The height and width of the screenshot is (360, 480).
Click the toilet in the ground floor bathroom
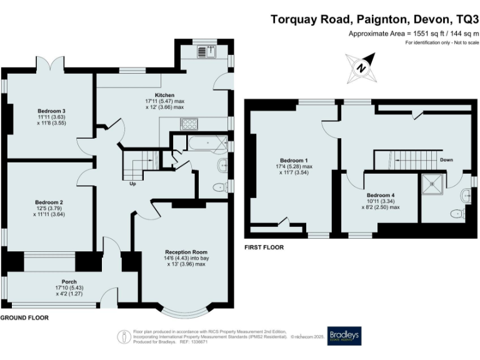[218, 186]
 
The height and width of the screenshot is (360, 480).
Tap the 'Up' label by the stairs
[132, 184]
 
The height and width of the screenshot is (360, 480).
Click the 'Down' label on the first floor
[446, 160]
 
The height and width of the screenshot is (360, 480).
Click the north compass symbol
[362, 66]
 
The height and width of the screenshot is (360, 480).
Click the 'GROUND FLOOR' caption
[24, 318]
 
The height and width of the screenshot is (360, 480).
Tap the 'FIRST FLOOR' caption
[264, 247]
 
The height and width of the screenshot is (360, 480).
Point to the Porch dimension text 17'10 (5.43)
[69, 287]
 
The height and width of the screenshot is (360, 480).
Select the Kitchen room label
[156, 94]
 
